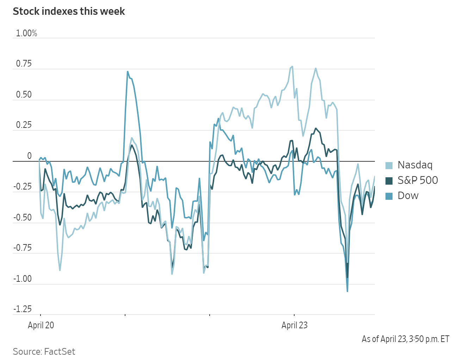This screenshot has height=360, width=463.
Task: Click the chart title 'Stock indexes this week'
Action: point(69,11)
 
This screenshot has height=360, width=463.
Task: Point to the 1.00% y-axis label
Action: point(26,33)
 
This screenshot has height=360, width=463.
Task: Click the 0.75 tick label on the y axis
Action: point(24,64)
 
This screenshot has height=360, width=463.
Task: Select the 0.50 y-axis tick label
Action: point(24,95)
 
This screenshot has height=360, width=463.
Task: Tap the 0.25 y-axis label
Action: point(24,125)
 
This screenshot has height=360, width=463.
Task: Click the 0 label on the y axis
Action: point(29,156)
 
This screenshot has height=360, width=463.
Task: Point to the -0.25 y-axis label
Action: point(22,186)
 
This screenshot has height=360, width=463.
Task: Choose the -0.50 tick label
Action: point(22,217)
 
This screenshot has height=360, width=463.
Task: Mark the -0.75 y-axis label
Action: point(22,248)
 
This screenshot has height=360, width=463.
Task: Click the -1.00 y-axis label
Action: point(22,279)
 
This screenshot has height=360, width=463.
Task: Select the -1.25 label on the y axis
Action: point(22,309)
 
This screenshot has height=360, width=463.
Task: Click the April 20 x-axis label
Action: point(41,325)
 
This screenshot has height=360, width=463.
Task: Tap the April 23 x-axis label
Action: point(295,325)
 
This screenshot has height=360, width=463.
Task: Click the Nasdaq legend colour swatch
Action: point(389,165)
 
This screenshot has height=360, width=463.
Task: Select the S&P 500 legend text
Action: point(418,180)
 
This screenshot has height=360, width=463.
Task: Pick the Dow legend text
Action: point(408,196)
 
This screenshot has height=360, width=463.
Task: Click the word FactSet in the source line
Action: point(60,352)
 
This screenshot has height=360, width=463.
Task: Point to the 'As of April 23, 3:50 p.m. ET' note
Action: point(405,339)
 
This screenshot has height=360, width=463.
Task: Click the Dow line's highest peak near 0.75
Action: point(128,72)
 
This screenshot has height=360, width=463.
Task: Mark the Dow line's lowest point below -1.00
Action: point(347,291)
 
